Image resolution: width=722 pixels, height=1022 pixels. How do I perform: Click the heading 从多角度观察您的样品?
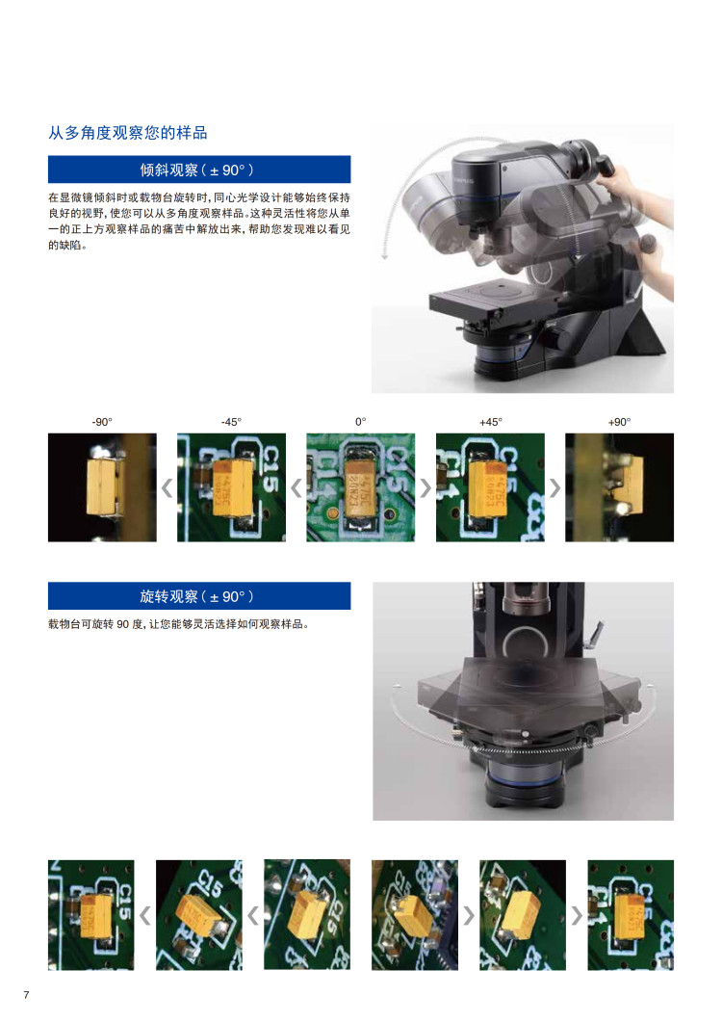pos(128,133)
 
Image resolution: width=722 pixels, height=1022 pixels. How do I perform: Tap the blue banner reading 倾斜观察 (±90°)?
pos(199,170)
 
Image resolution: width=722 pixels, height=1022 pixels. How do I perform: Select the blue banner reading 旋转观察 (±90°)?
pos(199,595)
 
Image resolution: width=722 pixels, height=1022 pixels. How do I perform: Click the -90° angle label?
pos(102,422)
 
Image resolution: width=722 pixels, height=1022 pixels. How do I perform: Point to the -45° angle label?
pos(231,422)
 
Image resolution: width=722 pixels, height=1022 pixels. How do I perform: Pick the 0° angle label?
pos(360,422)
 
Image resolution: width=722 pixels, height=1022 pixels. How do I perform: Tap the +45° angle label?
pos(491,422)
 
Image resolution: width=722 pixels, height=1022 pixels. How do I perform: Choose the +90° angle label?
pos(619,422)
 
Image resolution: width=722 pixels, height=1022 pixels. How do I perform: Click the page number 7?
pos(26,995)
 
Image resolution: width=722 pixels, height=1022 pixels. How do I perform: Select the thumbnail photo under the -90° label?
pos(102,487)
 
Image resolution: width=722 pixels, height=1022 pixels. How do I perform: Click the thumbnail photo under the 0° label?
pos(360,487)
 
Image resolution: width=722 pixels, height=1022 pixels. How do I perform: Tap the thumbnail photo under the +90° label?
pos(619,487)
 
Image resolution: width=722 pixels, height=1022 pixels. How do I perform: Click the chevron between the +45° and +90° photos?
pos(555,487)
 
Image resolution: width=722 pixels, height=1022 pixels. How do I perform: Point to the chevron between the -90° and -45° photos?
pos(167,487)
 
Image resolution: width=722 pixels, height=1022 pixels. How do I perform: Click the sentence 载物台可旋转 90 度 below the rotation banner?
pos(178,624)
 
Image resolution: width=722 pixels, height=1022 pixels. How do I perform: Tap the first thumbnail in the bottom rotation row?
pos(91,915)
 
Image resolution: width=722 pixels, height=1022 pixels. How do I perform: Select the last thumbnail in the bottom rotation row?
pos(631,915)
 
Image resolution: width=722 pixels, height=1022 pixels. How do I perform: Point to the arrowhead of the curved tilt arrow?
pos(384,256)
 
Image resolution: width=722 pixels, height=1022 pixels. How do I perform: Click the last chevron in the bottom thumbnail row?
pos(577,916)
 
